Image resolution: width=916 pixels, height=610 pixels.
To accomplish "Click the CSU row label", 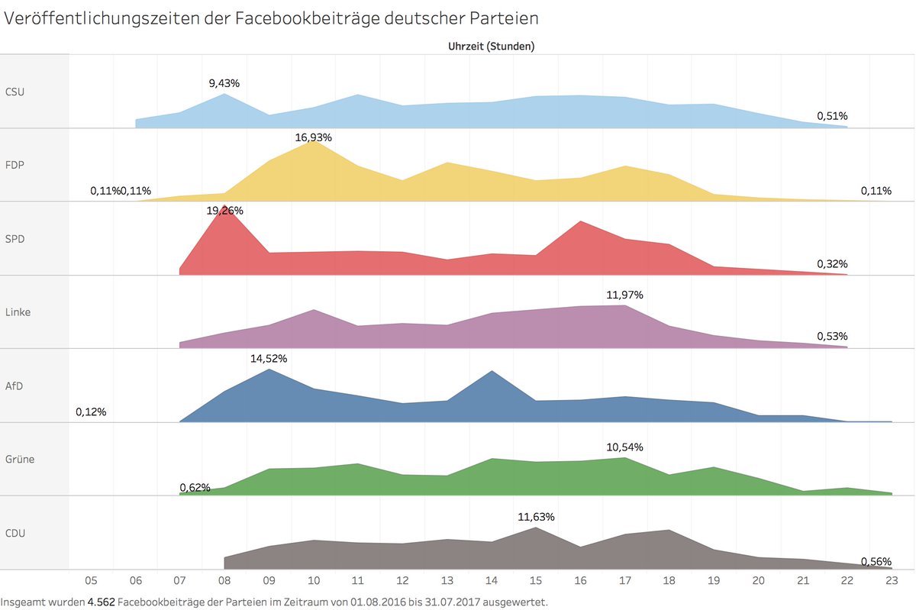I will coord(15,92).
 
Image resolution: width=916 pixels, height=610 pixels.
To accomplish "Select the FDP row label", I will coord(15,165).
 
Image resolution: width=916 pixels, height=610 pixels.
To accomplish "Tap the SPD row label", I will coord(15,238).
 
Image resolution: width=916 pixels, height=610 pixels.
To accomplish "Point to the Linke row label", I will coord(18,311).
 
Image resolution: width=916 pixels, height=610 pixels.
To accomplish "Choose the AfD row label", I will coord(15,386).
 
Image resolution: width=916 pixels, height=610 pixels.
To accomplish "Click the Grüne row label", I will coord(20,459).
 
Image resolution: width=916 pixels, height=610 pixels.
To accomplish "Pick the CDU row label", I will coord(15,532).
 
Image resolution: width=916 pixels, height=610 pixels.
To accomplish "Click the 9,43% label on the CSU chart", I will coord(224,82).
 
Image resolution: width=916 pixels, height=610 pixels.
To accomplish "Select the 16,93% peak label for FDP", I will coord(314,137).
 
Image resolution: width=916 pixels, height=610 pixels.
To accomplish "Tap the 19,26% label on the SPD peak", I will coord(224,210).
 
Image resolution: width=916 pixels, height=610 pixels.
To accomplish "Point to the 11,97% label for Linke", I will coord(625,295).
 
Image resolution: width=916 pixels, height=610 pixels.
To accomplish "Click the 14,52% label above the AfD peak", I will coord(269,358).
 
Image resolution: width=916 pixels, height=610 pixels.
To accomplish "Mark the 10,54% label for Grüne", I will coord(625,447).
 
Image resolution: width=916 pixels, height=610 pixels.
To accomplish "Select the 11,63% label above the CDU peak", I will coord(536,517).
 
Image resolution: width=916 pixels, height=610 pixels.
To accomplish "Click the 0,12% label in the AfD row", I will coord(91,412).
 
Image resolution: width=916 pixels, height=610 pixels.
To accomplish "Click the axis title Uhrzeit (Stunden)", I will coord(491,46).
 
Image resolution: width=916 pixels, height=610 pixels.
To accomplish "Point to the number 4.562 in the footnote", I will coord(101,602).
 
